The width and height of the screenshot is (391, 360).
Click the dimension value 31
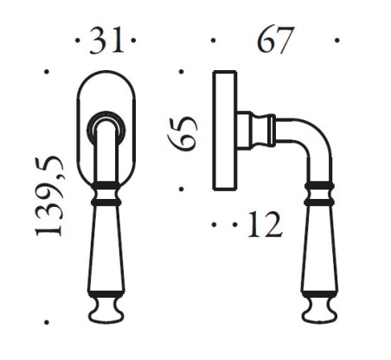click(108, 41)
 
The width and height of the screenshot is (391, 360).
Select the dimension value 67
click(275, 41)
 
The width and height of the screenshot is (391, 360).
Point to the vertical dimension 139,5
click(50, 196)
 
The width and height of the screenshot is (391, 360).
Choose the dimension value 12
click(264, 226)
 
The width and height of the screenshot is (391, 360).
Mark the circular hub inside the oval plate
click(106, 123)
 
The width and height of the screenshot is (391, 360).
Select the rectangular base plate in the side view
click(225, 130)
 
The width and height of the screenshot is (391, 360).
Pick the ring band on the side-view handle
click(318, 192)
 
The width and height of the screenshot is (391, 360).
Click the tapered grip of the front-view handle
click(106, 251)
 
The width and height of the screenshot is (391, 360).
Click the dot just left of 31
click(79, 41)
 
